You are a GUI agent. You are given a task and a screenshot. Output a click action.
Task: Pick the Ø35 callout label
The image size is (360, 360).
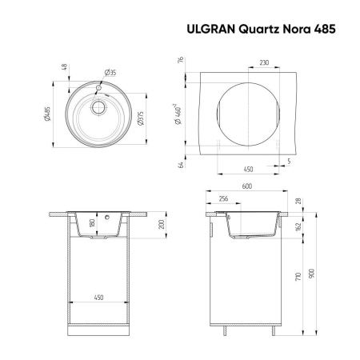110,73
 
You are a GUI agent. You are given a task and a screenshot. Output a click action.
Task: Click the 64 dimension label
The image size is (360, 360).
183,165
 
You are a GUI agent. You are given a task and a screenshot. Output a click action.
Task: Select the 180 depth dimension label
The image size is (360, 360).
93,223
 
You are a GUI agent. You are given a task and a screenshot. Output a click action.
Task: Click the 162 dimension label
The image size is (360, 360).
298,226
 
